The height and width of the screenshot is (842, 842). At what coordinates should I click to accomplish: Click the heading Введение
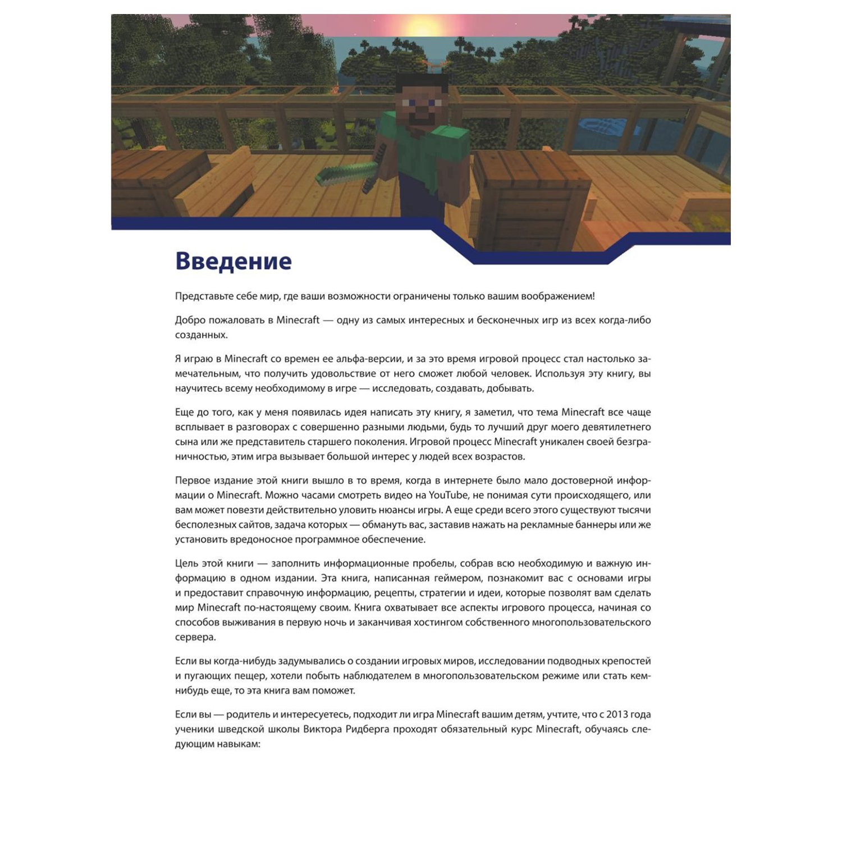233,262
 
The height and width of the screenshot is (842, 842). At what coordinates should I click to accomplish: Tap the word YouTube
448,495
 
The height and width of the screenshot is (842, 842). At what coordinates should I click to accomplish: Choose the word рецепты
392,593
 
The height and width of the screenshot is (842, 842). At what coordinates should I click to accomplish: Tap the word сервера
195,637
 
